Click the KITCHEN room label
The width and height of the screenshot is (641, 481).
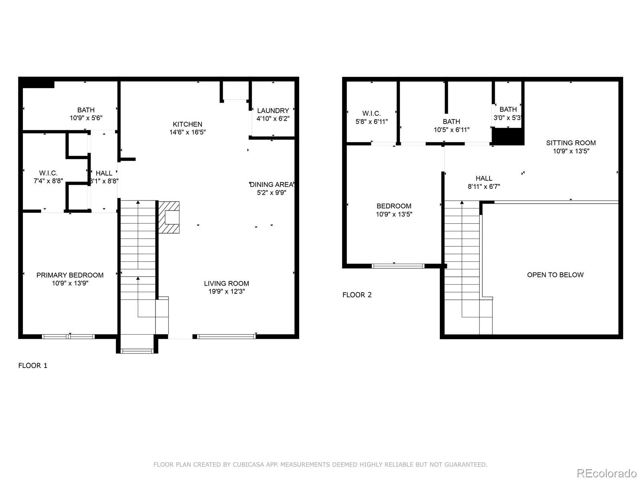[x=187, y=124]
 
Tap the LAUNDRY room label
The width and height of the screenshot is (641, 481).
[x=273, y=111]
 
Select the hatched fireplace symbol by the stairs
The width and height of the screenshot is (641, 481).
[x=169, y=217]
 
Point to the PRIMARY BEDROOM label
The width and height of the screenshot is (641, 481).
[x=70, y=275]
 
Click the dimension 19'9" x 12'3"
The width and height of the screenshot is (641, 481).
[x=226, y=291]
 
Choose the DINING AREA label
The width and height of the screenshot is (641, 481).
[x=272, y=184]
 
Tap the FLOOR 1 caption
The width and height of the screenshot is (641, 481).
[x=33, y=366]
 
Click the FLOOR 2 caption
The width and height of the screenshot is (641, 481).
[x=357, y=295]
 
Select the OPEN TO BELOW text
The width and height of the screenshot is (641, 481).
[x=555, y=275]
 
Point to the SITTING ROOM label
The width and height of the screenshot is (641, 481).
[x=570, y=143]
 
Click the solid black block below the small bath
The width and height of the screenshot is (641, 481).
[x=508, y=137]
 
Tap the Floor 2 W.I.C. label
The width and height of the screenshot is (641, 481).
[x=371, y=113]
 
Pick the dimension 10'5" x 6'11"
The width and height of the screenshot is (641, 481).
[x=452, y=130]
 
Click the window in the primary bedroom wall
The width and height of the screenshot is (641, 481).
[x=69, y=337]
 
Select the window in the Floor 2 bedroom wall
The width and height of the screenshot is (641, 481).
[x=398, y=266]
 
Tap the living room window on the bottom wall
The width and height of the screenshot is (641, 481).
[x=226, y=337]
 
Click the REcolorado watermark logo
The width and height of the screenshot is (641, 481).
[x=607, y=473]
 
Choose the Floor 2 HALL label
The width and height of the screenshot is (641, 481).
[x=484, y=178]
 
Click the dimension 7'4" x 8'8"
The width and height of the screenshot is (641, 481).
[x=48, y=181]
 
